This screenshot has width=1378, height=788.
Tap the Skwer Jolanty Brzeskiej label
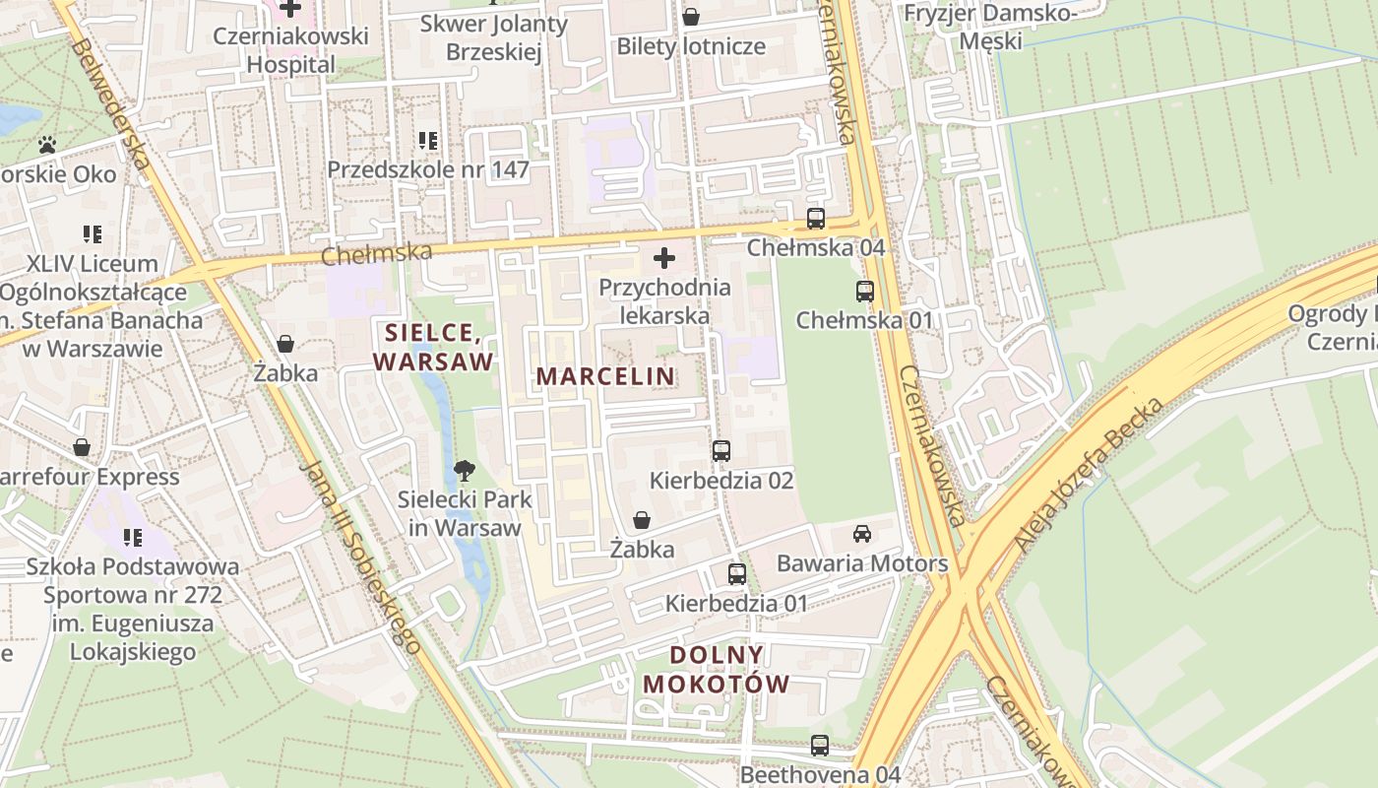click(x=494, y=37)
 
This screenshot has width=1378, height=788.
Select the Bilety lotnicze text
click(x=691, y=46)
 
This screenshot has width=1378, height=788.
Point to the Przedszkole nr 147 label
click(x=428, y=169)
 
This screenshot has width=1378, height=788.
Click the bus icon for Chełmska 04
click(x=816, y=219)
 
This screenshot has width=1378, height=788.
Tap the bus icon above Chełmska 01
click(x=865, y=292)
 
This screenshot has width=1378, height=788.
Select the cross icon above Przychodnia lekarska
click(x=664, y=258)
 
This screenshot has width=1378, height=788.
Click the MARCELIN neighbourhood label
click(x=605, y=376)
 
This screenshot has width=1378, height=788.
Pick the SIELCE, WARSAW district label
click(x=433, y=347)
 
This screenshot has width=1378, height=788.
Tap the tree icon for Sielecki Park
click(x=464, y=471)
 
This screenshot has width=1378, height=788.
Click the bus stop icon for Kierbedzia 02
click(x=721, y=451)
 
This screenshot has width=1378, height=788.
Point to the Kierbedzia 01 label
click(x=736, y=603)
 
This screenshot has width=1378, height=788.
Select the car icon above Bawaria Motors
click(x=862, y=534)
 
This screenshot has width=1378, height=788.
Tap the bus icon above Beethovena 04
click(x=820, y=746)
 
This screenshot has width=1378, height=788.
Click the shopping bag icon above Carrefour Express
click(x=82, y=447)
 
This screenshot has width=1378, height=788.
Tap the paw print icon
click(x=47, y=145)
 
